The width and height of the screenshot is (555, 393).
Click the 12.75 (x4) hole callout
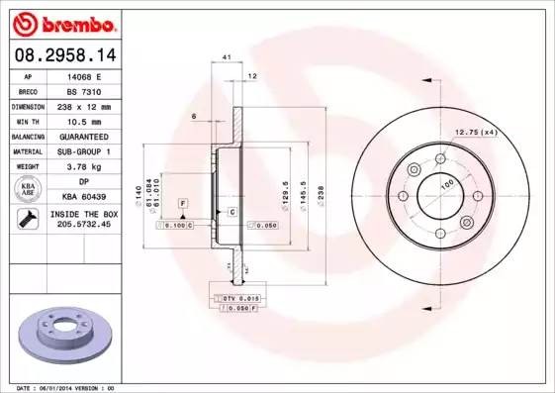[475, 133]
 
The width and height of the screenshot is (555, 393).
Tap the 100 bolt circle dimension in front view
[446, 185]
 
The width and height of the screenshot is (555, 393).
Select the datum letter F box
[184, 203]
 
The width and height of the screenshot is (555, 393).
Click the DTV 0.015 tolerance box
[236, 297]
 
